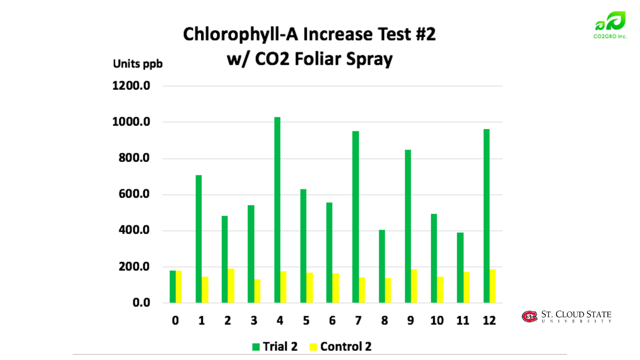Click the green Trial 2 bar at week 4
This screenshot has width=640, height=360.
pos(277,210)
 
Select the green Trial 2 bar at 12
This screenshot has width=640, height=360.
pos(486,216)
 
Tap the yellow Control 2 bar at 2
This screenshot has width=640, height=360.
pos(231,285)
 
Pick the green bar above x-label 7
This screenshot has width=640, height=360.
pos(355,217)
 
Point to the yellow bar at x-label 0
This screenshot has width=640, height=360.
pos(179,286)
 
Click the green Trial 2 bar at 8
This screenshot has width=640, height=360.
pos(382,266)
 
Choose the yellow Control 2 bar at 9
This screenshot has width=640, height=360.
pos(414,286)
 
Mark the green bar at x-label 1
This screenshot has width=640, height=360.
pos(199,239)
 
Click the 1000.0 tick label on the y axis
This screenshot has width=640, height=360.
pos(131,122)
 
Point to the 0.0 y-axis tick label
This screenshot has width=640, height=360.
pos(141,302)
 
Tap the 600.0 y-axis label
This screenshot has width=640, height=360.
pos(134,194)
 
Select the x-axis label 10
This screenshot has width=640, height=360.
pos(437,321)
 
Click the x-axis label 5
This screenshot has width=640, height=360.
pos(306,321)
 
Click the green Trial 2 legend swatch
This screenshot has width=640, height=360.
pos(256,347)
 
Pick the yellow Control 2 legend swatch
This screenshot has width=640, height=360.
pos(313,347)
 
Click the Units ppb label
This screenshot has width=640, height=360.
pos(138,64)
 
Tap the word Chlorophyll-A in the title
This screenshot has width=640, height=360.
pos(240,35)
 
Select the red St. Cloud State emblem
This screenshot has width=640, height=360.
pos(530,316)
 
